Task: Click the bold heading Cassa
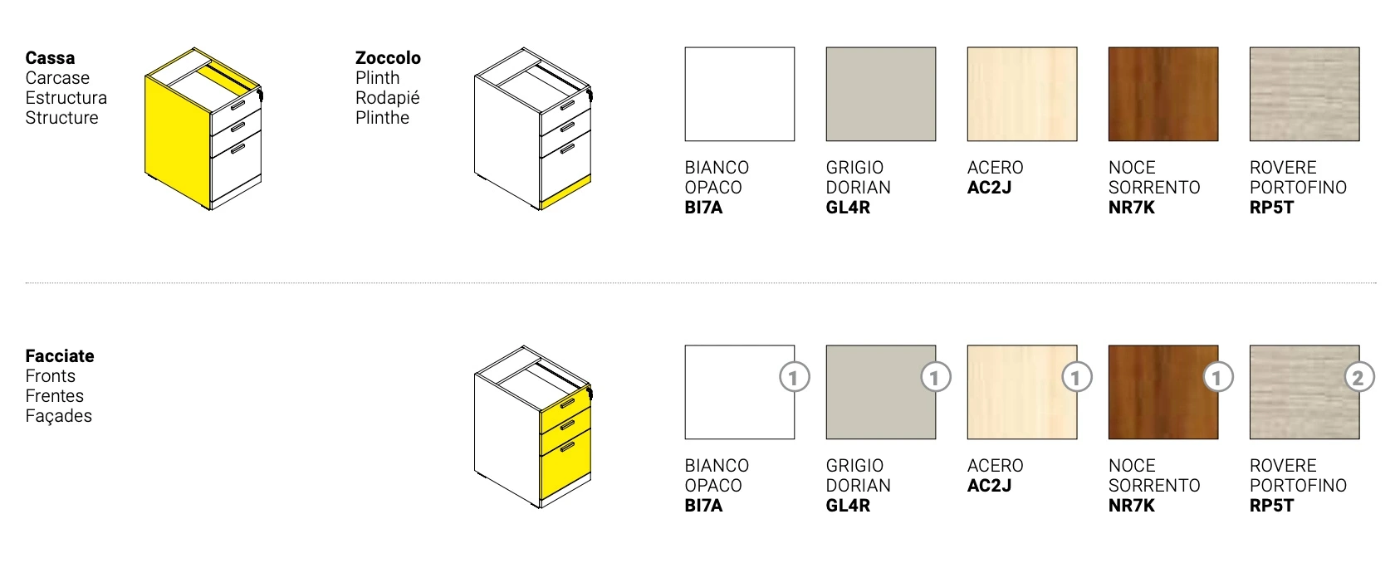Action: (x=50, y=58)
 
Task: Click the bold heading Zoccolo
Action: (x=388, y=58)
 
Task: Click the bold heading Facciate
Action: (x=60, y=356)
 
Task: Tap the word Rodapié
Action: (x=387, y=98)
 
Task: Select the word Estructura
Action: (x=66, y=98)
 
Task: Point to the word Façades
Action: (x=58, y=416)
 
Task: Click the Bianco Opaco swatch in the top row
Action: (x=740, y=94)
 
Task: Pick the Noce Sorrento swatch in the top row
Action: (x=1163, y=94)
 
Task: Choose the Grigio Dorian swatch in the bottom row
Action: (x=880, y=392)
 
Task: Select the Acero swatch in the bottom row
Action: (x=1022, y=392)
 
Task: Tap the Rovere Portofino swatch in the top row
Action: (x=1304, y=94)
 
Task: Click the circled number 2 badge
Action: (x=1358, y=377)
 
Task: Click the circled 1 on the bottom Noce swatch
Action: (x=1217, y=377)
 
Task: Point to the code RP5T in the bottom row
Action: (x=1272, y=506)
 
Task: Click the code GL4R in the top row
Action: (x=849, y=208)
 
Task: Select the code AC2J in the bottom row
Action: (x=990, y=486)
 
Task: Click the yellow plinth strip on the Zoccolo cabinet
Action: (x=565, y=192)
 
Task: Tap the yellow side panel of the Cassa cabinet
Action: (x=177, y=142)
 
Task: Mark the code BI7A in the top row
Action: (x=704, y=208)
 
